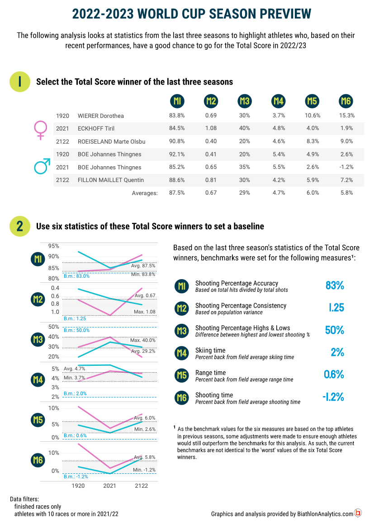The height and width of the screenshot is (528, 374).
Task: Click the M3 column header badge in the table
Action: (x=244, y=101)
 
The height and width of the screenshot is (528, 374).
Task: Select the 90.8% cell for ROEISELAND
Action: (x=176, y=142)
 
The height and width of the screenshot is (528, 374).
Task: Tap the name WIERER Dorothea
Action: (x=100, y=116)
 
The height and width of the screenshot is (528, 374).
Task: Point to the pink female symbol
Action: (x=40, y=129)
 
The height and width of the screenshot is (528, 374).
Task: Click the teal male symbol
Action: (x=41, y=167)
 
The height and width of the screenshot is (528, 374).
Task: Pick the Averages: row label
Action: (x=145, y=193)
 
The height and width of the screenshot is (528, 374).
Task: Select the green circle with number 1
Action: (x=19, y=82)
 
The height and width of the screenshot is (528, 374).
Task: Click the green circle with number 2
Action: (x=19, y=226)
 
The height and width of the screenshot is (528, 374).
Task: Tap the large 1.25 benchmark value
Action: (x=335, y=308)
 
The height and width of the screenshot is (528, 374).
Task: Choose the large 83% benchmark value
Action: (x=335, y=285)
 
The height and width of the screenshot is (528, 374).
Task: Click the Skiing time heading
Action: (x=210, y=350)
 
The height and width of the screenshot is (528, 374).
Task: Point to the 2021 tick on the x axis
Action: (x=109, y=486)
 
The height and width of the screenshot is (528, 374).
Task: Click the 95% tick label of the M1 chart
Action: (x=54, y=246)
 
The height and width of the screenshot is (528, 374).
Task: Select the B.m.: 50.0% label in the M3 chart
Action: (x=76, y=330)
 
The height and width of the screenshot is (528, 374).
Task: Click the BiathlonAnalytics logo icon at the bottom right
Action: (x=358, y=513)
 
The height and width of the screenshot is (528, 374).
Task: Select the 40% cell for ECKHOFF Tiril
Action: (x=244, y=129)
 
